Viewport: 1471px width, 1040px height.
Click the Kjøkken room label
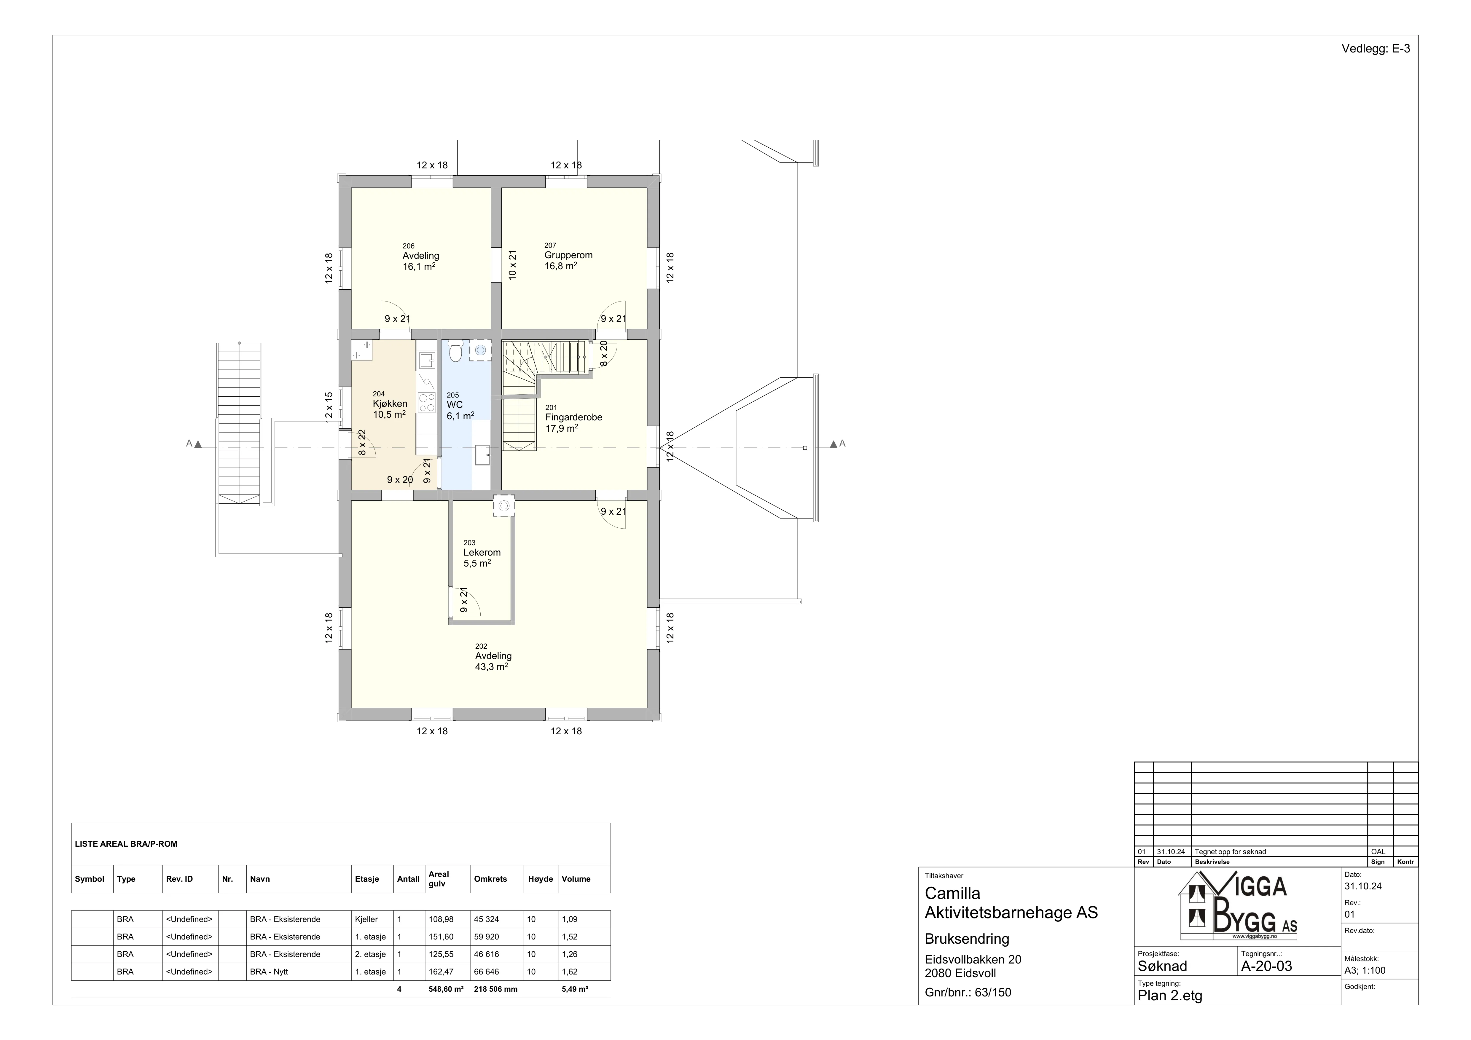(390, 403)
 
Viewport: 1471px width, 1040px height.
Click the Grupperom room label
(568, 255)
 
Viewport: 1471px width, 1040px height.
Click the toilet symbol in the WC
(455, 352)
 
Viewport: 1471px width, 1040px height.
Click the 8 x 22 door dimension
(362, 443)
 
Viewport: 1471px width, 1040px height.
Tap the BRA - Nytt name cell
(269, 972)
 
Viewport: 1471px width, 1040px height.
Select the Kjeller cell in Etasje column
(366, 919)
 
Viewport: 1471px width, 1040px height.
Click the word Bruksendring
(967, 939)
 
